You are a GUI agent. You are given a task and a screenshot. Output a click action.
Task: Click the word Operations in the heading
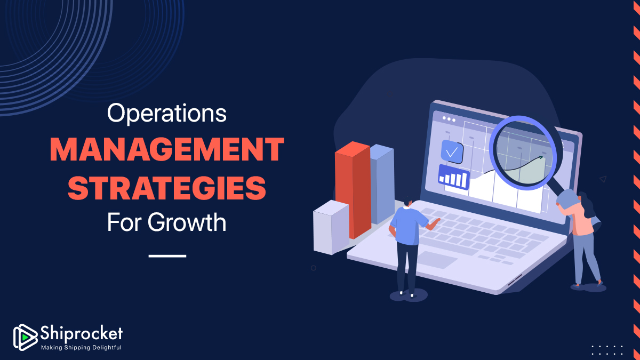pyautogui.click(x=167, y=114)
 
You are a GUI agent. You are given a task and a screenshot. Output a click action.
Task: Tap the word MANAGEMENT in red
pyautogui.click(x=167, y=149)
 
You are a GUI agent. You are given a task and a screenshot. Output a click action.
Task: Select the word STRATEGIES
pyautogui.click(x=167, y=188)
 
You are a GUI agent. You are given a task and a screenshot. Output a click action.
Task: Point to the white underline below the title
pyautogui.click(x=167, y=256)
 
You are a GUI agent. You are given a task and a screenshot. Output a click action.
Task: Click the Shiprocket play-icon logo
pyautogui.click(x=25, y=337)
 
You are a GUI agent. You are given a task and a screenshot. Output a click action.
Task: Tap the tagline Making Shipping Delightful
pyautogui.click(x=82, y=347)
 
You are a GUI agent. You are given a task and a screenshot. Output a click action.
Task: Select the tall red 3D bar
pyautogui.click(x=353, y=190)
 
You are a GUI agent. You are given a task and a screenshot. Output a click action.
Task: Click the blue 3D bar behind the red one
pyautogui.click(x=382, y=183)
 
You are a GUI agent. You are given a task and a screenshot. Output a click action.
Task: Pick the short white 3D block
pyautogui.click(x=331, y=227)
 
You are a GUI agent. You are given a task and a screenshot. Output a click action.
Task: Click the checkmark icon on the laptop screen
pyautogui.click(x=452, y=151)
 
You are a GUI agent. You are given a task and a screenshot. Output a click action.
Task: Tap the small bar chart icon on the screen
pyautogui.click(x=454, y=178)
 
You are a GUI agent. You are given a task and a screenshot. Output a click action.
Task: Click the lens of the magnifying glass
pyautogui.click(x=523, y=154)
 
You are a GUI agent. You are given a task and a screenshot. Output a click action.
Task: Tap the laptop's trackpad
pyautogui.click(x=438, y=260)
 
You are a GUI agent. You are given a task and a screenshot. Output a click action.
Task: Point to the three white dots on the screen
pyautogui.click(x=449, y=119)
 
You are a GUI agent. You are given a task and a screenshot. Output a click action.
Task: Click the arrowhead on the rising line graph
pyautogui.click(x=540, y=157)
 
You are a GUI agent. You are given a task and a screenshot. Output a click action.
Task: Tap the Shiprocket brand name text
pyautogui.click(x=82, y=333)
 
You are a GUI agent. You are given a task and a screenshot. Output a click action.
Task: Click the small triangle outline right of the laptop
pyautogui.click(x=603, y=179)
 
